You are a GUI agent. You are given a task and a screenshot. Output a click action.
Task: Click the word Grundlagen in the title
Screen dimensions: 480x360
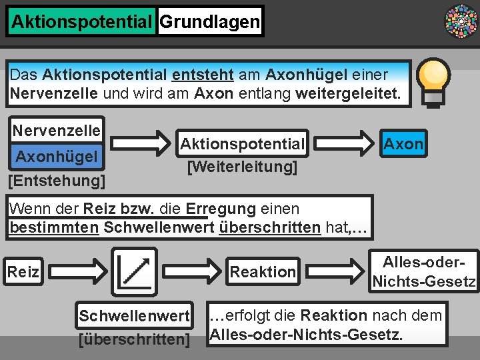(x=210, y=22)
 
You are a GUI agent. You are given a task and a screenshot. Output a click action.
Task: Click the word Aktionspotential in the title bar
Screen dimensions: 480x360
(x=82, y=22)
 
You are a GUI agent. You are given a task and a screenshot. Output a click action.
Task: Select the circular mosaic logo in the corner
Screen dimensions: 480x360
(x=461, y=21)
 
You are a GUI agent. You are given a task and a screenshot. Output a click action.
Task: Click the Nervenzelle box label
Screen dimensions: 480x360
(x=57, y=130)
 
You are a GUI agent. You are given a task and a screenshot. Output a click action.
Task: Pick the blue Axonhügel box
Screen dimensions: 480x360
(x=57, y=157)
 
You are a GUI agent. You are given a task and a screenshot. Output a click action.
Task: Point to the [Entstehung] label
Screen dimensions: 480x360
(x=56, y=180)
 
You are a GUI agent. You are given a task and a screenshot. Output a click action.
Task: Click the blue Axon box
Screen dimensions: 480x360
(x=403, y=144)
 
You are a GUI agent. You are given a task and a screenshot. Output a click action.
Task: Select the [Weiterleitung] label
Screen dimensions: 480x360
(x=242, y=167)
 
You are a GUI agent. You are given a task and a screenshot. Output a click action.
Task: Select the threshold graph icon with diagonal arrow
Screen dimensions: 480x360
(x=134, y=271)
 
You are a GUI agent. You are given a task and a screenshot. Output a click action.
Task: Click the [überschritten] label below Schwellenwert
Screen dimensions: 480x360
(x=134, y=339)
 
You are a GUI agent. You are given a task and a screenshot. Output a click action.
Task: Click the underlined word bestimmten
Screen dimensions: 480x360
(x=55, y=227)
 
